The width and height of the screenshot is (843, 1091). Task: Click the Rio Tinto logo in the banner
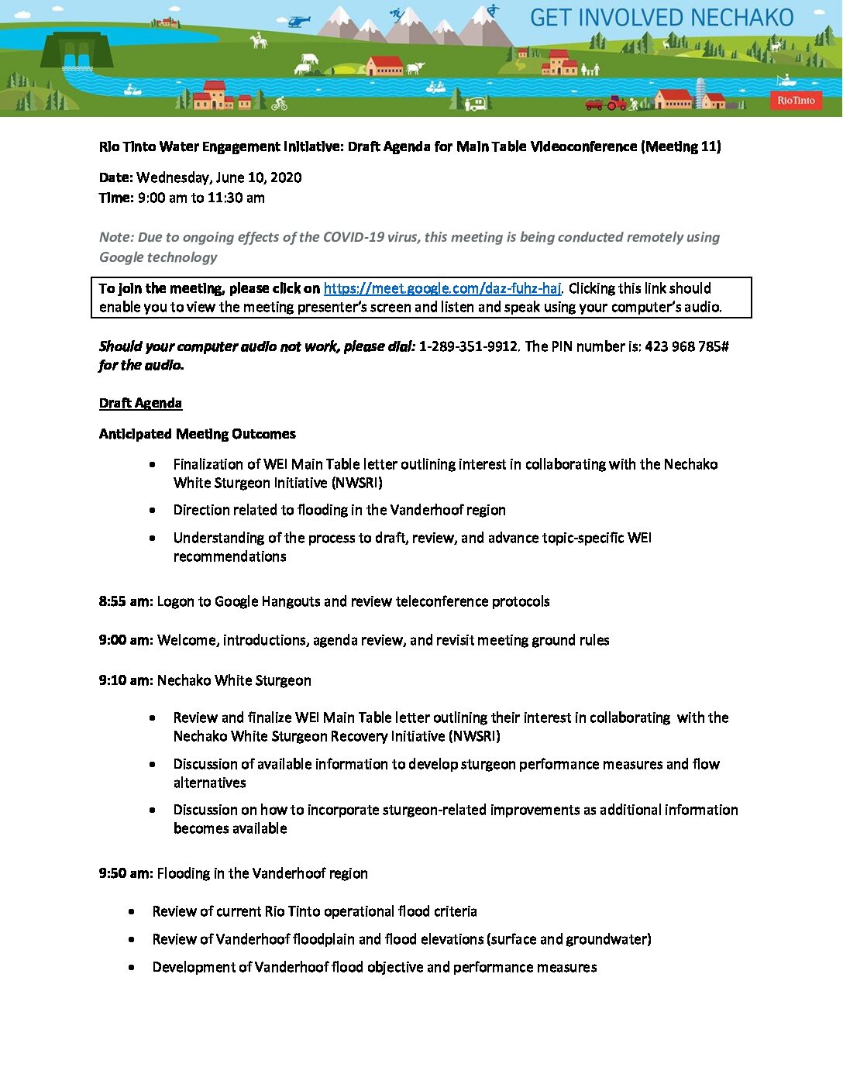pos(796,100)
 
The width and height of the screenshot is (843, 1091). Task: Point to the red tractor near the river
pos(616,102)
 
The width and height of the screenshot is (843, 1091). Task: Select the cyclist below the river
pos(279,104)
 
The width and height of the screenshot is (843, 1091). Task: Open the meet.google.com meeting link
pos(442,288)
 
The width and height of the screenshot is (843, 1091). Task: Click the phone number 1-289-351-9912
pos(468,346)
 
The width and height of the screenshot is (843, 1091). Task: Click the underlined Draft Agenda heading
pos(140,403)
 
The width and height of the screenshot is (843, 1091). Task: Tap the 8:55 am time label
pos(126,601)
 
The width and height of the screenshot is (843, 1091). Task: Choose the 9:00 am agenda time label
pos(126,640)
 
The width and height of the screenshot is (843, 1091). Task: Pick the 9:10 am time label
pos(126,680)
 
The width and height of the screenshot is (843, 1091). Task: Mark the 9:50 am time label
pos(126,873)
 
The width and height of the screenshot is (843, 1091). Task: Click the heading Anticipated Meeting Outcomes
pos(197,434)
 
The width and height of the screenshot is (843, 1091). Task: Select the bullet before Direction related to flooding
pos(153,511)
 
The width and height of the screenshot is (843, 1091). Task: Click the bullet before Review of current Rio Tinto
pos(132,912)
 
